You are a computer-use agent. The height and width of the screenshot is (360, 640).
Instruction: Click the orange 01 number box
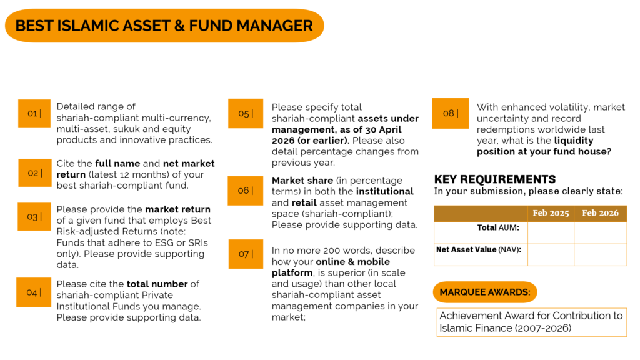[x=34, y=114]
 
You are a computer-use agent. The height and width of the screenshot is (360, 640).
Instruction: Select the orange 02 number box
[x=35, y=173]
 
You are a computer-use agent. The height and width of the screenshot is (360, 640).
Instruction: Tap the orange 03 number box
[x=34, y=217]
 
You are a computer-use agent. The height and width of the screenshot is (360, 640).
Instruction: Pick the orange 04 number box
[x=34, y=292]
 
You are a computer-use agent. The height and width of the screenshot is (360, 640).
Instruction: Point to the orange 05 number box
[x=246, y=114]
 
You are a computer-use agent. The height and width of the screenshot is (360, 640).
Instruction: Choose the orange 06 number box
[x=245, y=191]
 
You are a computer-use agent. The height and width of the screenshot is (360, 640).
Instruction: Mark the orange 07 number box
[x=246, y=254]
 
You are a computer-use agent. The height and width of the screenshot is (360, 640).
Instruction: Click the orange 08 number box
[x=451, y=113]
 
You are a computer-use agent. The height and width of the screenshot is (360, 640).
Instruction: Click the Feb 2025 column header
[x=551, y=214]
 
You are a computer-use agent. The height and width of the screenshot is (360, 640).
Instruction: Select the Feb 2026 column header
[x=600, y=214]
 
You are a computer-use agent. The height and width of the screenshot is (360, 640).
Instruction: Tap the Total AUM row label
[x=498, y=227]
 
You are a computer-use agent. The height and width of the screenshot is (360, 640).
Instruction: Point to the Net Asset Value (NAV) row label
[x=478, y=250]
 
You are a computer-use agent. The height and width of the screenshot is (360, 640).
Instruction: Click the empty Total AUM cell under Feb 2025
[x=551, y=232]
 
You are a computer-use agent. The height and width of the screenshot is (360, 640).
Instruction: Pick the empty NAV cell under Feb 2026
[x=600, y=255]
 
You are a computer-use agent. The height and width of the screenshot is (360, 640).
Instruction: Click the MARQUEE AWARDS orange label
[x=485, y=292]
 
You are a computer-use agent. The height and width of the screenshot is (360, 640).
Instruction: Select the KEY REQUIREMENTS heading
[x=495, y=179]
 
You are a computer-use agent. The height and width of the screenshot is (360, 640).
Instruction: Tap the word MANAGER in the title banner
[x=275, y=26]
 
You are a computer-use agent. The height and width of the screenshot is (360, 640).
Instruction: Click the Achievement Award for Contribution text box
[x=531, y=322]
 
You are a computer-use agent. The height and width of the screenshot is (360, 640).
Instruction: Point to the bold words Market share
[x=302, y=181]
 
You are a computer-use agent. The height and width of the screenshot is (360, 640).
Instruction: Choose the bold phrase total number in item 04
[x=157, y=284]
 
